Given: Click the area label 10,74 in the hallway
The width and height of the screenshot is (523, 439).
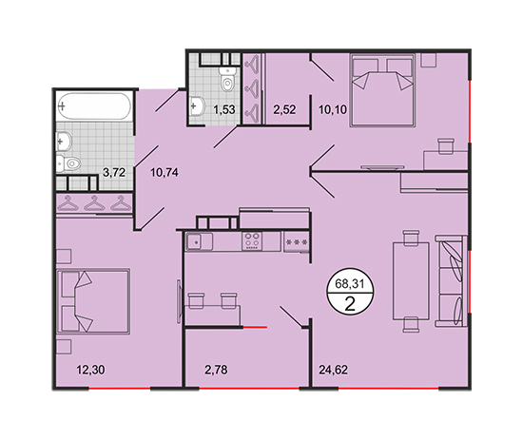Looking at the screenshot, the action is click(x=165, y=173).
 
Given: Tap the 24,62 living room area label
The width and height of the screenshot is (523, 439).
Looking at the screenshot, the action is click(x=333, y=370).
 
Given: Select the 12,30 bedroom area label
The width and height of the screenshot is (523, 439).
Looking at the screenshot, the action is click(x=90, y=370).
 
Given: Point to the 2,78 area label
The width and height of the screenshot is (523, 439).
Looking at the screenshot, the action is click(x=216, y=370).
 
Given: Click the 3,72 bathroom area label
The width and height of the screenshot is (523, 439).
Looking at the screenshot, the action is click(x=114, y=172).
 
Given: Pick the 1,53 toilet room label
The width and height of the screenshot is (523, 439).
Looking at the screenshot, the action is click(x=224, y=109).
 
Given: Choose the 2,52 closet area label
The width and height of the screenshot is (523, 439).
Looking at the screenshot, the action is click(x=284, y=109).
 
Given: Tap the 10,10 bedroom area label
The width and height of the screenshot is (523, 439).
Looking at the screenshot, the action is click(x=333, y=109).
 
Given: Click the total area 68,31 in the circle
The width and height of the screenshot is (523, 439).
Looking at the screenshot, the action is click(x=350, y=284).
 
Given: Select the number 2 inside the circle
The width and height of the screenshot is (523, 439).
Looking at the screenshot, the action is click(x=350, y=304).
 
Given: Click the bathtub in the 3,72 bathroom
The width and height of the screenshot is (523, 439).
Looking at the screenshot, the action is click(x=94, y=106).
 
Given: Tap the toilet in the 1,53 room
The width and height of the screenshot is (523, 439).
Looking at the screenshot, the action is click(x=227, y=79).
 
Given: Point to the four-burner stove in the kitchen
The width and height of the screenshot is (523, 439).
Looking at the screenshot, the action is click(x=252, y=241).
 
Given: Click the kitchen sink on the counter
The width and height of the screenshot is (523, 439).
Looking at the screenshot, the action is click(x=200, y=241).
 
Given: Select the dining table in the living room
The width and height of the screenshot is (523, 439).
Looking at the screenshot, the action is click(x=411, y=281).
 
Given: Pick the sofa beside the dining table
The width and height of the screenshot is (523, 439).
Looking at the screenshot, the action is click(x=451, y=281).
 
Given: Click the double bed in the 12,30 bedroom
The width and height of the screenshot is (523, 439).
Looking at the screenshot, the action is click(x=93, y=301).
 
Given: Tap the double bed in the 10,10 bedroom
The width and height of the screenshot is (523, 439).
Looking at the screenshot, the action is click(x=382, y=90).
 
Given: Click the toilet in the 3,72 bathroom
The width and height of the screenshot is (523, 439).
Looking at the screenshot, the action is click(x=68, y=163).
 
